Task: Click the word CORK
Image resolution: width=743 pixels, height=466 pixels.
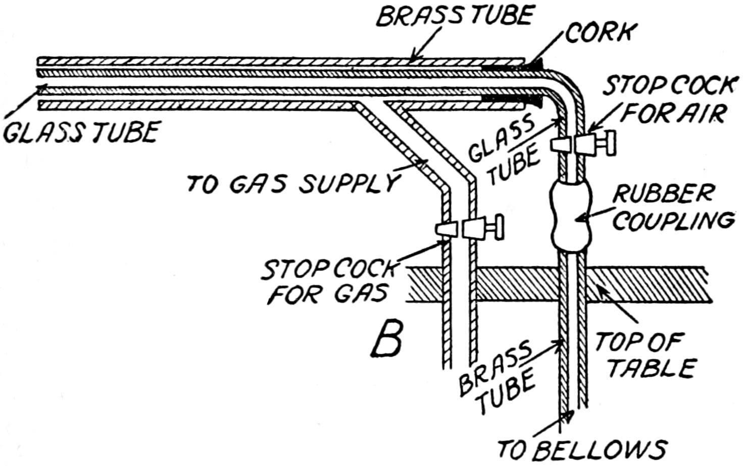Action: (599, 33)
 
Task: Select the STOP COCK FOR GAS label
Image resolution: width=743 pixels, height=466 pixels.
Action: (328, 283)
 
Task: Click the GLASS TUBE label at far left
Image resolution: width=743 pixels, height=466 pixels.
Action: (81, 132)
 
